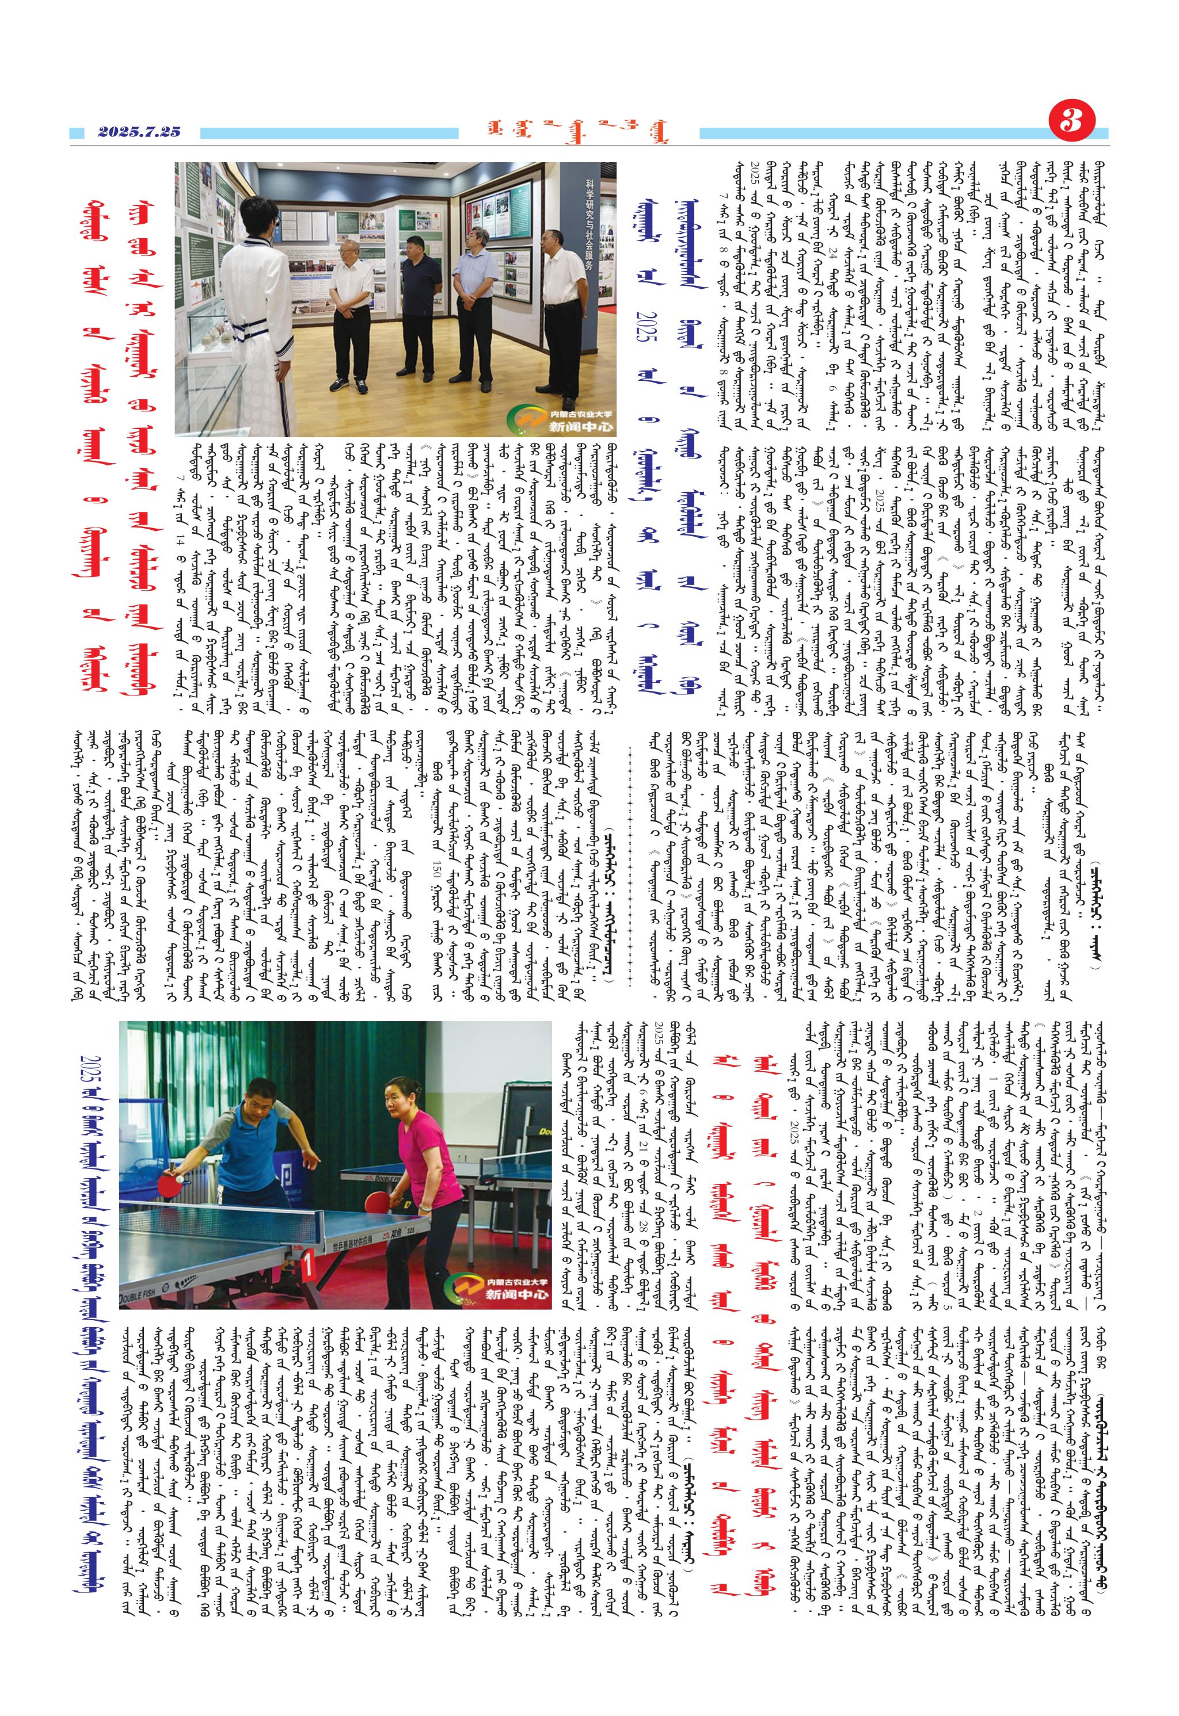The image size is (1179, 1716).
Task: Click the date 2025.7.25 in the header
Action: (x=139, y=132)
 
